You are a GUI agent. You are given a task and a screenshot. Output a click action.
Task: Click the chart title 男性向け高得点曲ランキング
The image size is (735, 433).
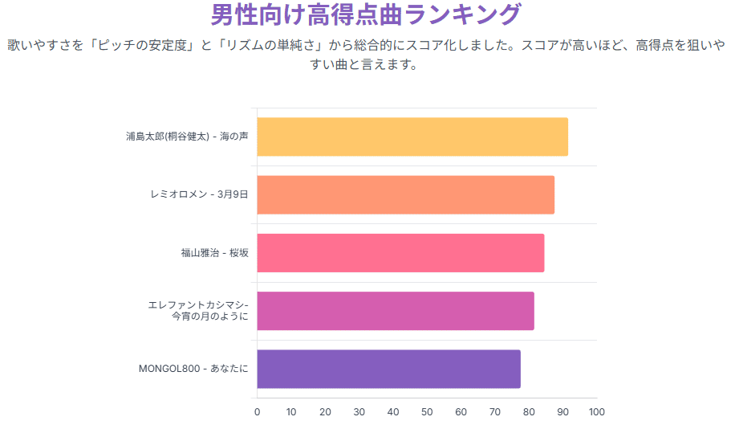point(366,14)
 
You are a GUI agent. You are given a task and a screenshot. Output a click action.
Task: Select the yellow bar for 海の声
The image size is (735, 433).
point(412,137)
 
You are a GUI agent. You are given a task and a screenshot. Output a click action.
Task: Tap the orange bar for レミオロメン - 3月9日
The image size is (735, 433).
point(405,194)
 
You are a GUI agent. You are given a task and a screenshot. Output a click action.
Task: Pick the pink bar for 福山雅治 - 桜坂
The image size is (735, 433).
point(400,252)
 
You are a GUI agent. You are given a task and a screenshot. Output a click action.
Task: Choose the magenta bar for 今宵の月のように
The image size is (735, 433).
point(396,311)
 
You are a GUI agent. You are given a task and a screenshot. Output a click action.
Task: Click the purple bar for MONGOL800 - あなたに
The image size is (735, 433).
point(388,369)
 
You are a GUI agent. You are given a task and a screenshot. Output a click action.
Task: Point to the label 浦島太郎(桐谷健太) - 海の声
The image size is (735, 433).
point(187,137)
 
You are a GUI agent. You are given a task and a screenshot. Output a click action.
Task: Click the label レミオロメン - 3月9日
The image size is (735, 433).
point(199,194)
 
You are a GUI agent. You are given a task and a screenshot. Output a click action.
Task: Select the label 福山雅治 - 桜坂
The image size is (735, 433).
point(214,252)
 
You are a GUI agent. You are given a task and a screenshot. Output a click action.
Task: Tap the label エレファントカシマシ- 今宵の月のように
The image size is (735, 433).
point(198,311)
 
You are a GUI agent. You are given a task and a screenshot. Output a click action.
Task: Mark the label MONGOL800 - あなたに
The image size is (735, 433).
point(193,369)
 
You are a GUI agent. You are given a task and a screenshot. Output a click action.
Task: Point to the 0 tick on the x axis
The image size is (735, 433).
point(257,412)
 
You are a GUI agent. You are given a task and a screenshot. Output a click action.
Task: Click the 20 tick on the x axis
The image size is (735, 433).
point(325,412)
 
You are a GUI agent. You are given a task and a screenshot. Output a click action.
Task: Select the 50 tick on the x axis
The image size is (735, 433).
point(427,412)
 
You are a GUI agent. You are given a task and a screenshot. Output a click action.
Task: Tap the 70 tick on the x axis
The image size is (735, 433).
point(495,412)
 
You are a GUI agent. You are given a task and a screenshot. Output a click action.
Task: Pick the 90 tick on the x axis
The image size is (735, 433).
point(562,412)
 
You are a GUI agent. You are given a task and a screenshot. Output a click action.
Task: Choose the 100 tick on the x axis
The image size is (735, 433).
point(596,412)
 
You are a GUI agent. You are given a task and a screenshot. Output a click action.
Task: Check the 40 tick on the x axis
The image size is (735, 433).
point(393,412)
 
